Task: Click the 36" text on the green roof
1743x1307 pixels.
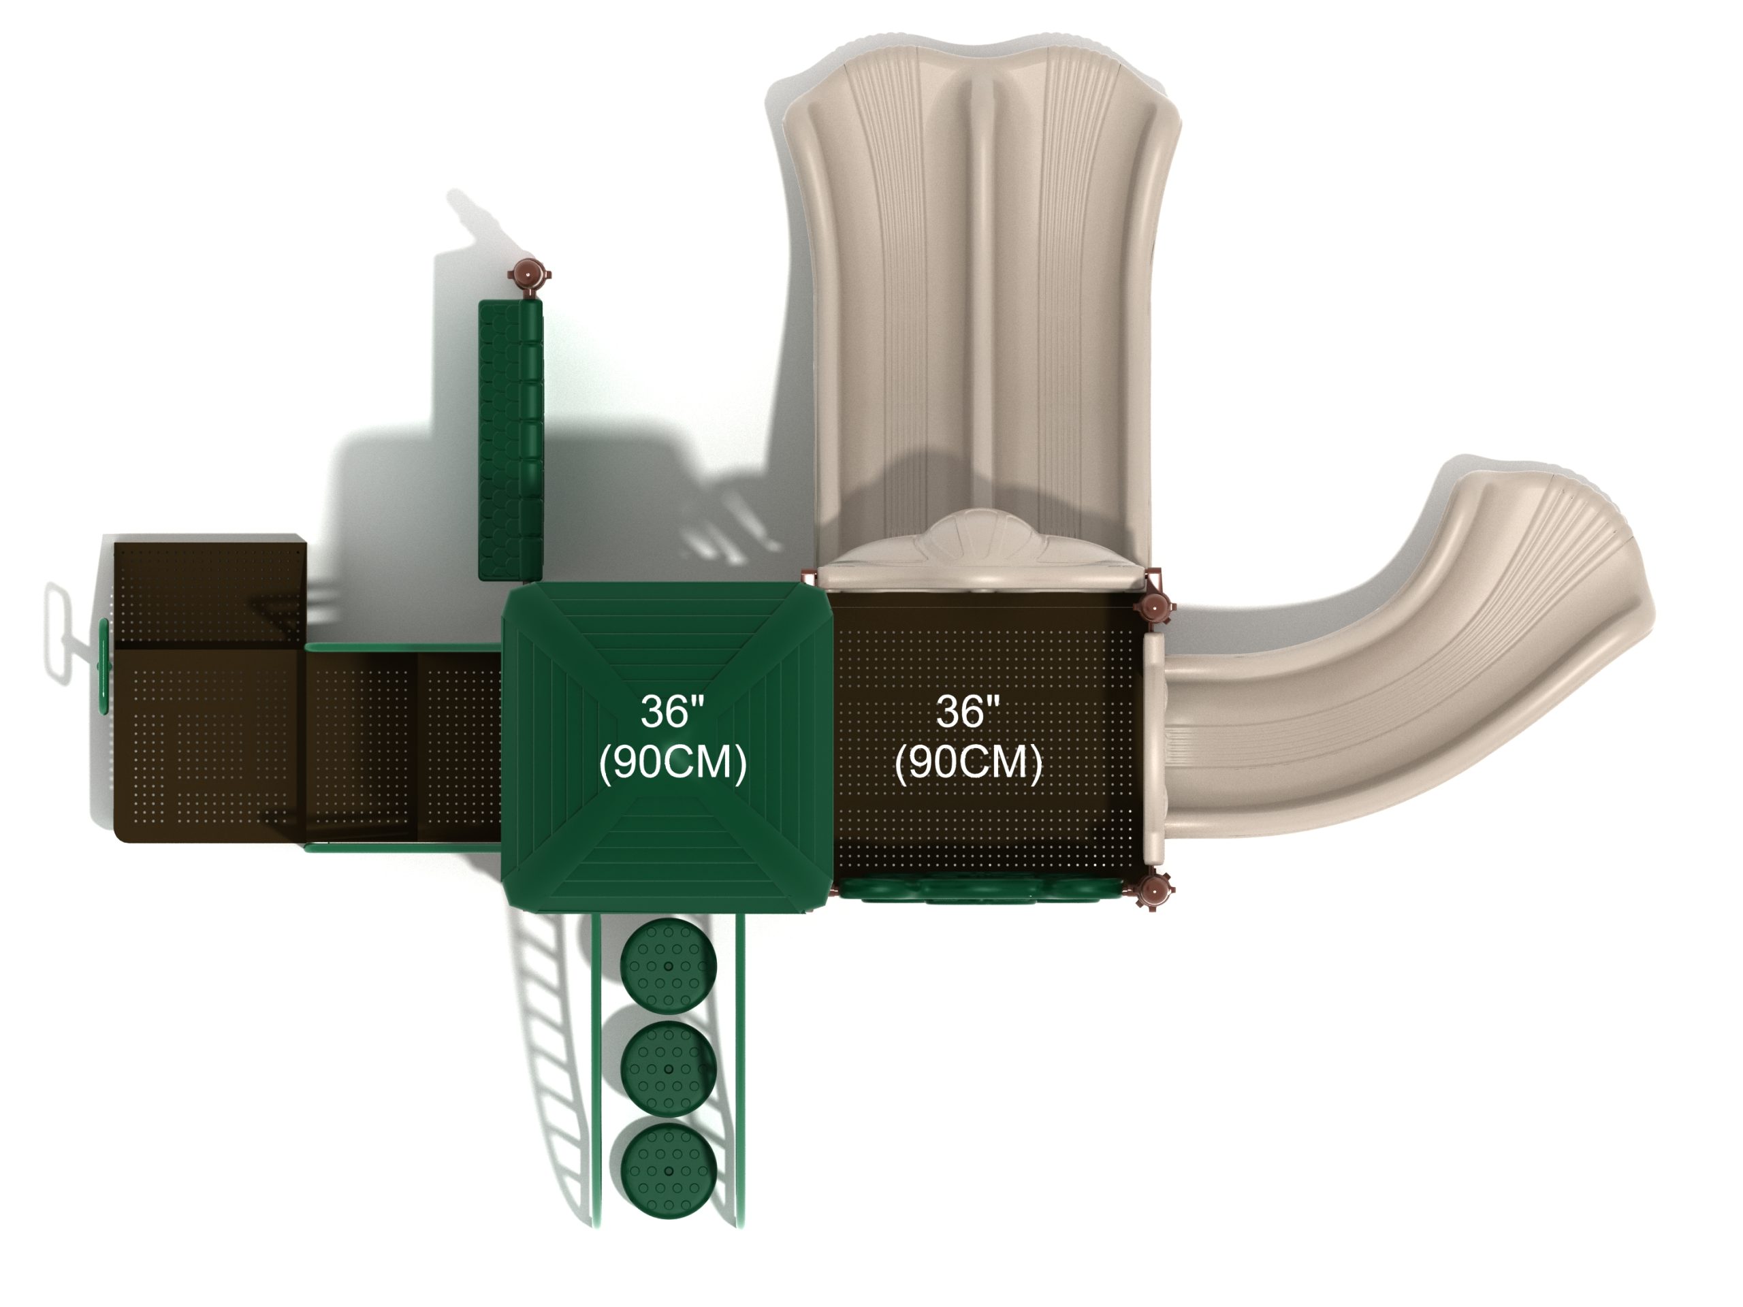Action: point(671,711)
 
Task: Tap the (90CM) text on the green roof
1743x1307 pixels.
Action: point(673,762)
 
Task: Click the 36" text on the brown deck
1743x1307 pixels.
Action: point(968,711)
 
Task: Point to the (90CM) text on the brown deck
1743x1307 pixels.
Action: point(968,762)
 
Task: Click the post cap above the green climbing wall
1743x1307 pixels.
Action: point(528,275)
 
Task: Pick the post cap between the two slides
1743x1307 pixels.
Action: point(1154,607)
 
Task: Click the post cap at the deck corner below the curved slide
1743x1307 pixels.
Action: point(1153,891)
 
